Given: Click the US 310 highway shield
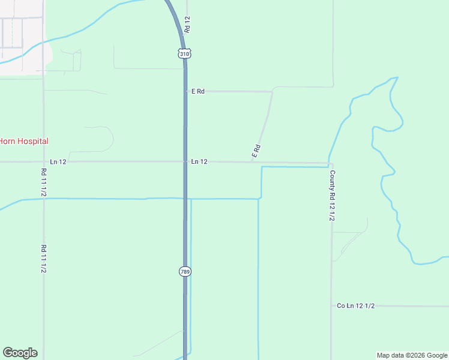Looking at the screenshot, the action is pos(184,53).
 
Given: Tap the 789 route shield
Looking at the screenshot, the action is pos(185,272).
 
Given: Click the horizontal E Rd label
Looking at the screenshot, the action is pos(198,91).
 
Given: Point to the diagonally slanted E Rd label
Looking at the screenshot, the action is pos(256,151).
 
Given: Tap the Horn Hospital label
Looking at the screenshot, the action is pos(24,141).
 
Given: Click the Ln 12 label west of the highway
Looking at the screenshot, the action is pos(58,162).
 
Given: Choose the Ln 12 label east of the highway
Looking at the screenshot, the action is pos(199,162).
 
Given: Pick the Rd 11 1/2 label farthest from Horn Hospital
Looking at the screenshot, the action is pos(44,259).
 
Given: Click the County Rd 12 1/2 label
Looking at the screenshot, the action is pos(331,196).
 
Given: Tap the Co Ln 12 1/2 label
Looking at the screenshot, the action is pos(355,306).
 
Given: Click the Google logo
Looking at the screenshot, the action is pos(20,353).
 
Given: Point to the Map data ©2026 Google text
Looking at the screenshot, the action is pos(412,355).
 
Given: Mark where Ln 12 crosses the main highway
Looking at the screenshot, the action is pos(185,161).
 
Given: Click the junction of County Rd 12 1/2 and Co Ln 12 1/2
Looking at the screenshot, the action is pos(331,306).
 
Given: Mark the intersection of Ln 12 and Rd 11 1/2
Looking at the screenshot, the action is pos(43,162).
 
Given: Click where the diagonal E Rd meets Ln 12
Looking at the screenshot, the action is pos(252,162).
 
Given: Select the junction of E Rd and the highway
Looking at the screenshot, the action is pos(185,91).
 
